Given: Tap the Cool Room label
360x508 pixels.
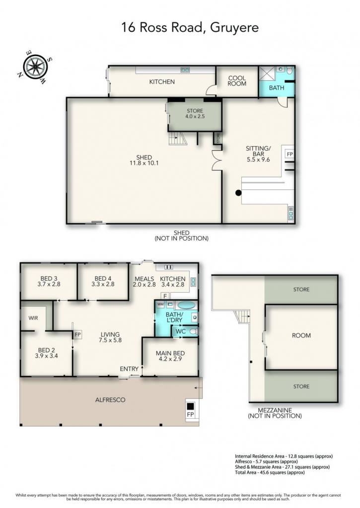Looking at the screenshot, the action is point(237,81).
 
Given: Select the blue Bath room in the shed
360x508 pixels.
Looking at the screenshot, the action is point(276,82).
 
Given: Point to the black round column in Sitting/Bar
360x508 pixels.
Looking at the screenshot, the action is point(238,193).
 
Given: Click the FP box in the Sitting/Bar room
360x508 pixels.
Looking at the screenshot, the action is point(289,154).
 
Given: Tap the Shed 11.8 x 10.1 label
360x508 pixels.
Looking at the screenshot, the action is point(144,160).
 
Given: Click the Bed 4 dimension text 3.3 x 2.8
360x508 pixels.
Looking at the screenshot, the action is point(103,284).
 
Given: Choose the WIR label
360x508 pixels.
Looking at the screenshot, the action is point(33,318).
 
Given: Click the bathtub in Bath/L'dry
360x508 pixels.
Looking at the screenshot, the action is point(186,305).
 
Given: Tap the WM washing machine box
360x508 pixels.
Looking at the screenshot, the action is point(160,305).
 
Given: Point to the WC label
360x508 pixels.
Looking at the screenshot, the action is point(181,332).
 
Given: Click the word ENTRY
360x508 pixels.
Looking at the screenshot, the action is point(129,369).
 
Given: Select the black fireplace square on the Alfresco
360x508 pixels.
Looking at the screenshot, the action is point(190,406).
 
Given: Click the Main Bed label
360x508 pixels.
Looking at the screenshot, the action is point(170,353).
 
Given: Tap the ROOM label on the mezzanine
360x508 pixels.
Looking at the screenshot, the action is point(301,336).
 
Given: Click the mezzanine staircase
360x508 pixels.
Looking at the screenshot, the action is point(243,316).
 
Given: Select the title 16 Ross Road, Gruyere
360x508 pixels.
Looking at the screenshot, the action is point(190,27).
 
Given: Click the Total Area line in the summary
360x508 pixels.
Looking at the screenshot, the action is point(270,472).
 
